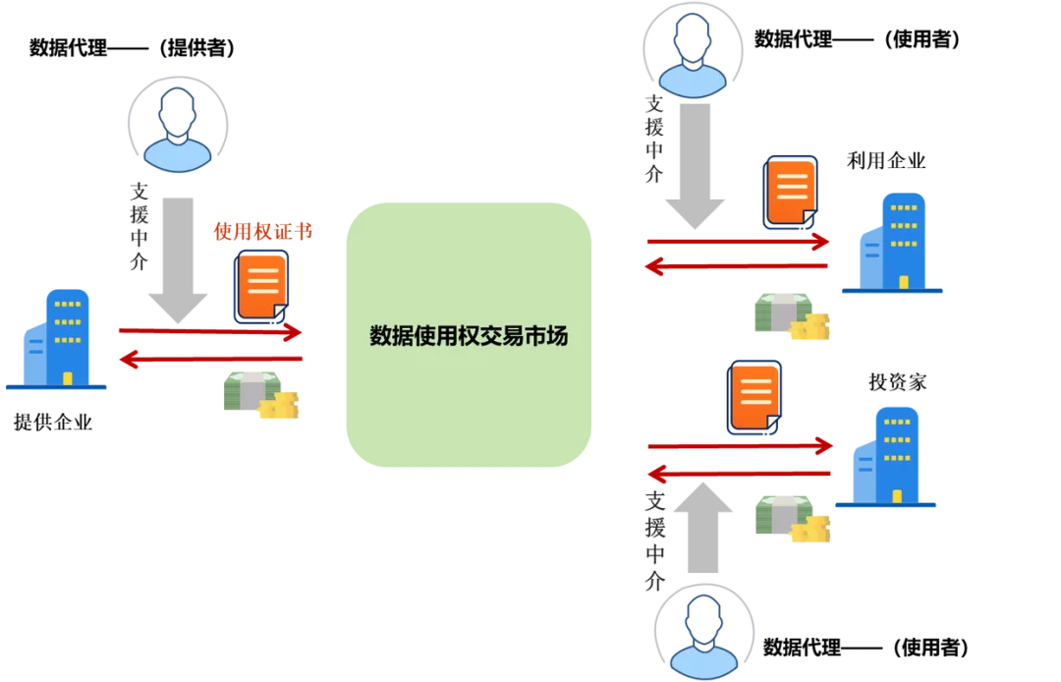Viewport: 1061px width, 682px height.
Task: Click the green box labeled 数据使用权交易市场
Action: [x=468, y=335]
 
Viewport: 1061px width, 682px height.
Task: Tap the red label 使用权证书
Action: [x=263, y=232]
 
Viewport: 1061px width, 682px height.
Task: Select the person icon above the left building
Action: [x=178, y=129]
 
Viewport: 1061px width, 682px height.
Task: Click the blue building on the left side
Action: [x=59, y=339]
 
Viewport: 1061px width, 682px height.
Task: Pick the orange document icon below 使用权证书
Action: [x=262, y=286]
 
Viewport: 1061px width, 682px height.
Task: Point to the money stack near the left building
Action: [x=259, y=394]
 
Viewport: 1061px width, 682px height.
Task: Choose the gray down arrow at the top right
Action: [x=695, y=167]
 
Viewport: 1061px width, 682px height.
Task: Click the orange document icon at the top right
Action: [x=791, y=193]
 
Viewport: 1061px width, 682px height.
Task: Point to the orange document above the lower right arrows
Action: [x=754, y=397]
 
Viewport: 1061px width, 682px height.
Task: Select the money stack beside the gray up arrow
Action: [x=792, y=517]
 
